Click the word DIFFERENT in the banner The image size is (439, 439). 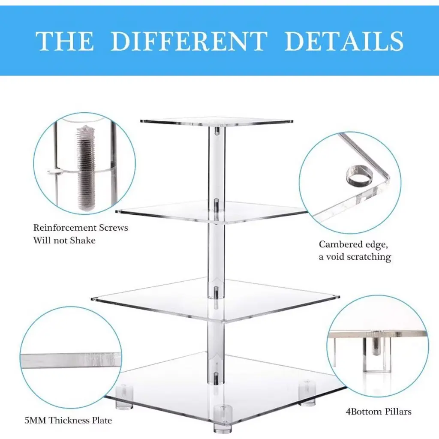tap(189, 41)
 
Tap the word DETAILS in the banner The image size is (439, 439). tap(344, 41)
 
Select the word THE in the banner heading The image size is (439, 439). tap(65, 41)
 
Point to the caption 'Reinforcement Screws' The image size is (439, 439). tap(81, 228)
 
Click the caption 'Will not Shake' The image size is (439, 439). tap(64, 240)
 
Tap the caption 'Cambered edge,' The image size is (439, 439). tap(353, 245)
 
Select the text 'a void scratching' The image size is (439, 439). tap(355, 257)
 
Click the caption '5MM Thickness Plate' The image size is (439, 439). tap(68, 420)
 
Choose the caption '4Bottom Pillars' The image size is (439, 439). tap(379, 412)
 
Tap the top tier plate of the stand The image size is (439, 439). tap(216, 121)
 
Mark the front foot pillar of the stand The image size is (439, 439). tap(223, 420)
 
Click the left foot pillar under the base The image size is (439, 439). tap(124, 397)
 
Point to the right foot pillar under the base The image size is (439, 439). tap(307, 394)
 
